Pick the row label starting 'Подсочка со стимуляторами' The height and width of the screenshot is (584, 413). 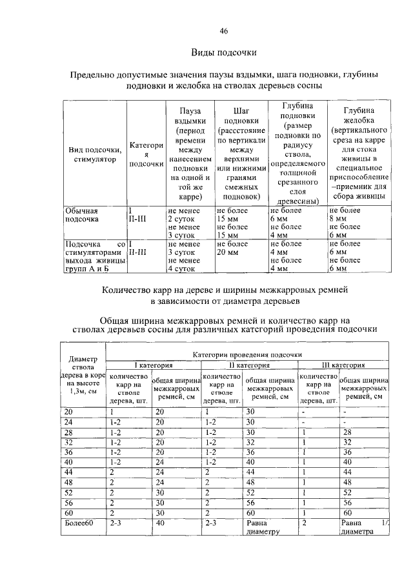point(94,256)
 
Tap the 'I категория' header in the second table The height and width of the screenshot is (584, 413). point(153,365)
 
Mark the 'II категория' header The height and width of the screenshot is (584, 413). point(249,365)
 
